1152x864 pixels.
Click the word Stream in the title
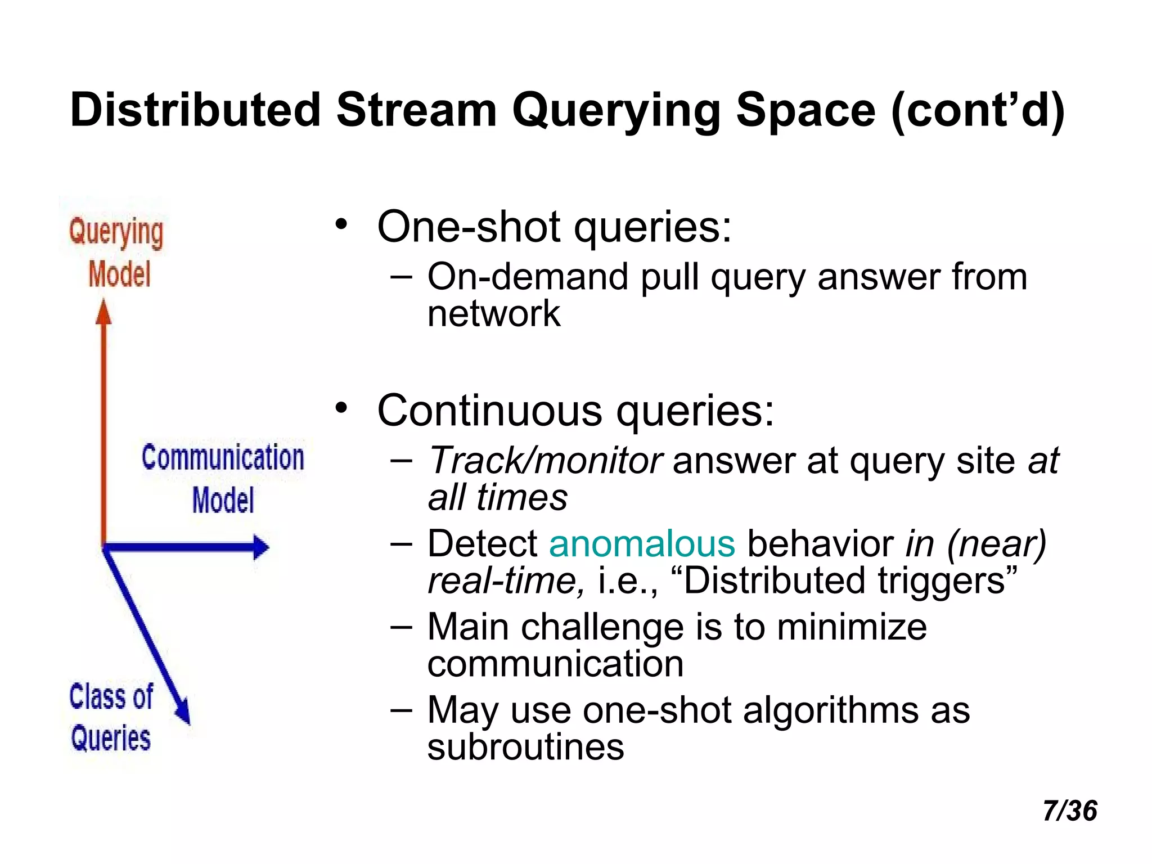(x=416, y=110)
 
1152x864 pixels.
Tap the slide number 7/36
(x=1069, y=811)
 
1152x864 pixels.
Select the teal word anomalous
(x=642, y=544)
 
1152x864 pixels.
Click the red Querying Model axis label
(x=117, y=253)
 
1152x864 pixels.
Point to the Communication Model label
(x=223, y=478)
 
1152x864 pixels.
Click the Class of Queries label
(x=111, y=717)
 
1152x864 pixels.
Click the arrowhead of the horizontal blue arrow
(x=260, y=547)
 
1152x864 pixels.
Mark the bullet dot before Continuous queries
(x=341, y=408)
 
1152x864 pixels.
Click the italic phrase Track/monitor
(x=544, y=461)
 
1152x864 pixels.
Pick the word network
(x=493, y=314)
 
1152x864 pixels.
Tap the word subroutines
(x=525, y=748)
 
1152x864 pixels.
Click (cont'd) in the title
(x=978, y=110)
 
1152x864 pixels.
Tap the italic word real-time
(x=506, y=581)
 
